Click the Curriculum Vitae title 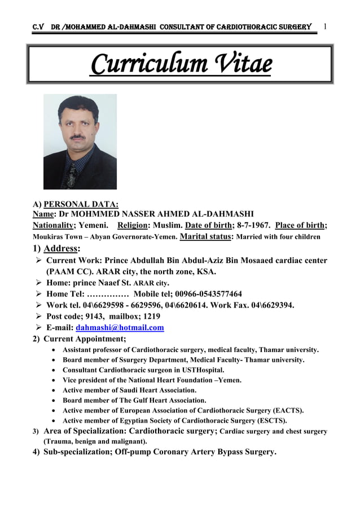click(181, 65)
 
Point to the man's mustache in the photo click(77, 137)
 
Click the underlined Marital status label click(204, 236)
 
